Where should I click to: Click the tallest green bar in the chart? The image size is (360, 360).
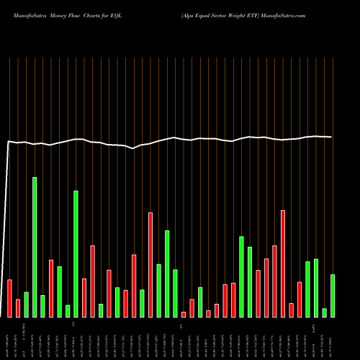35,247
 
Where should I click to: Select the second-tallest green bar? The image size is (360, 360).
76,253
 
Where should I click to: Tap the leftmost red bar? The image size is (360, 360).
9,298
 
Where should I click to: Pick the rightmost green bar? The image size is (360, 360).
333,295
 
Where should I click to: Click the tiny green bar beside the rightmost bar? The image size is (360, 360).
325,312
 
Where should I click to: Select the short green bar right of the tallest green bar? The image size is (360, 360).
42,306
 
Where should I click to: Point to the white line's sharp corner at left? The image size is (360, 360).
9,142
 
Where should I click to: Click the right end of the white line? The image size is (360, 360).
332,137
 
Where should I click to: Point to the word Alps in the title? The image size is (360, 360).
192,14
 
